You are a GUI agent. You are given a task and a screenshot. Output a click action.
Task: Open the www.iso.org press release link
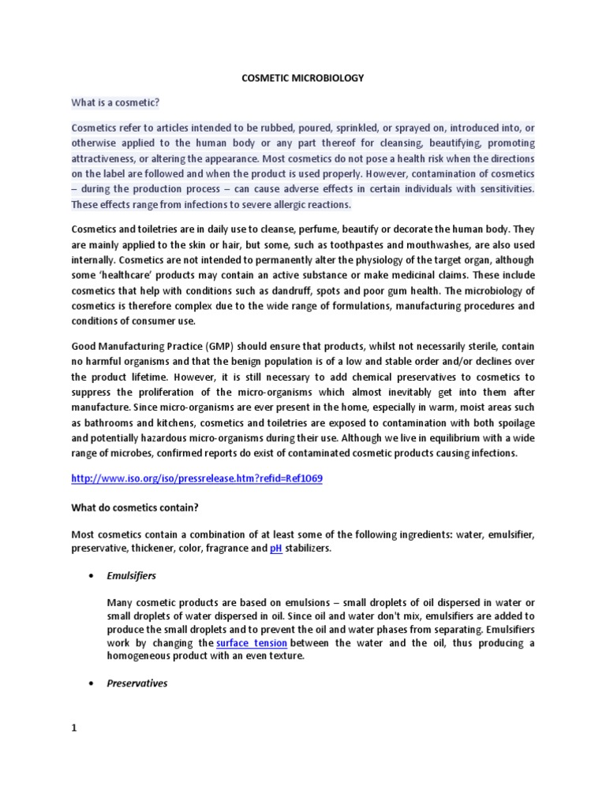click(197, 478)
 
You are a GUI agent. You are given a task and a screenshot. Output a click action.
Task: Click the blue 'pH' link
click(276, 549)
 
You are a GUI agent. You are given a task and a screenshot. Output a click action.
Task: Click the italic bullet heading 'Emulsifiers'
click(132, 576)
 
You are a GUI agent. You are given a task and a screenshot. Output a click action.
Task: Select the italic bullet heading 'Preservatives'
click(137, 683)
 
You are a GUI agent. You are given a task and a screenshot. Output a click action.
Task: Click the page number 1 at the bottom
click(74, 728)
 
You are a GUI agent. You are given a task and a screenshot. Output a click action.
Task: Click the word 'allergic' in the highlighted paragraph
click(271, 204)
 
